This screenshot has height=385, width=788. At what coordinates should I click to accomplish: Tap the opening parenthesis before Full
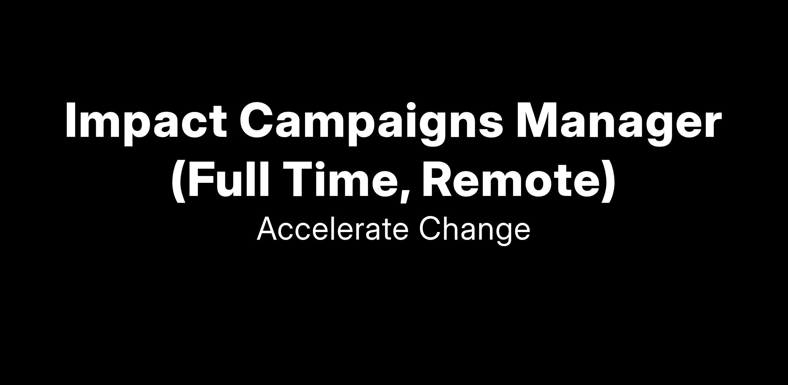click(x=179, y=182)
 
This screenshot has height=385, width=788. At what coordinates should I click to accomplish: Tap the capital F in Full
click(x=200, y=179)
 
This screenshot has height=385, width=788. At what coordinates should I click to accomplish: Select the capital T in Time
click(x=301, y=179)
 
